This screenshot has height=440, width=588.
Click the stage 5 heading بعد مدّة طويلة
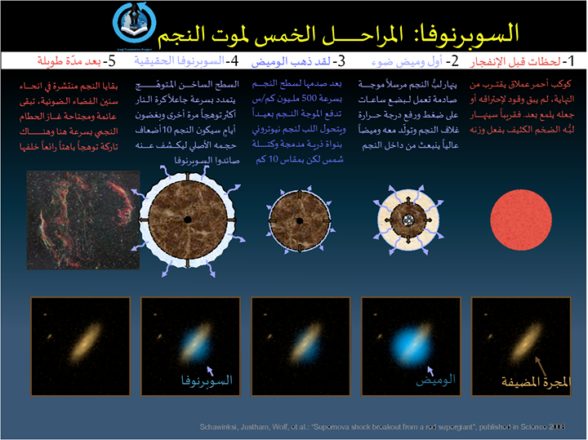[73, 60]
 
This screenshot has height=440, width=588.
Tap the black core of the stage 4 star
[187, 220]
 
